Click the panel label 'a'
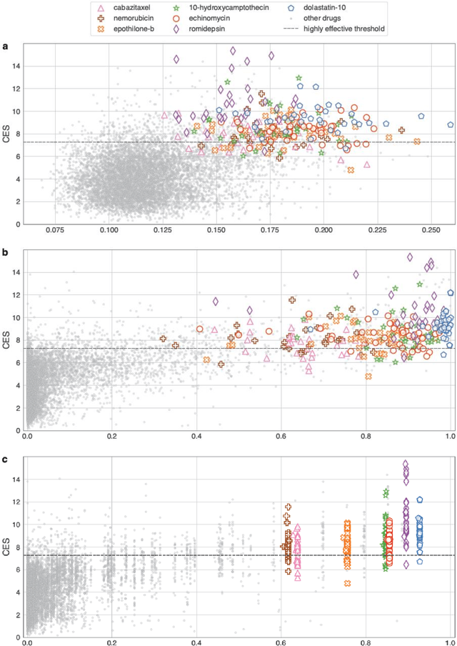[x=6, y=47]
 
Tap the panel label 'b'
[x=6, y=253]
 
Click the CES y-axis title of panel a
[x=6, y=134]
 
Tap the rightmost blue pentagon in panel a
[x=451, y=124]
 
